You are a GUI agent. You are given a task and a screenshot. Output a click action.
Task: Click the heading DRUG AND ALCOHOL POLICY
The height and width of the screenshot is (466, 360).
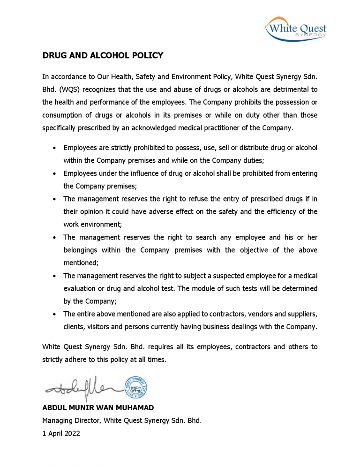[103, 56]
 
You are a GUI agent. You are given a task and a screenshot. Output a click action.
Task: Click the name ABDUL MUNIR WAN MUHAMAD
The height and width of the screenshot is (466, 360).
[98, 408]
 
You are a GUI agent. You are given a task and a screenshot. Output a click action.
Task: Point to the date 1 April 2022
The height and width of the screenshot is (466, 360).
[61, 434]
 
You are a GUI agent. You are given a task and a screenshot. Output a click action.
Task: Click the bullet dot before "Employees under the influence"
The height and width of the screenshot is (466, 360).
[55, 173]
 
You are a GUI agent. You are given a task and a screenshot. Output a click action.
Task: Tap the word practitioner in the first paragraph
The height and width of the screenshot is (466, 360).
[231, 128]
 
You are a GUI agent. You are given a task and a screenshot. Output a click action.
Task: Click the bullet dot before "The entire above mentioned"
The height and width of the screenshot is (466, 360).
[55, 314]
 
